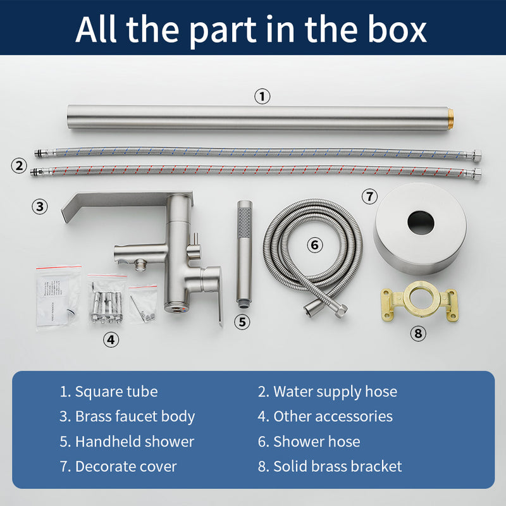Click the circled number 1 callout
[262, 97]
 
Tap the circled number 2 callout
[19, 166]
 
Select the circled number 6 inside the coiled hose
[314, 245]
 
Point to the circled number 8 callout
[418, 333]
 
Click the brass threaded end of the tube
[450, 118]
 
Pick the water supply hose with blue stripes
[258, 152]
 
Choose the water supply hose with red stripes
[256, 171]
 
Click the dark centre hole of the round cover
[421, 223]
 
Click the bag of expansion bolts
[106, 300]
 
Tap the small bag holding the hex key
[143, 304]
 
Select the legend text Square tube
[116, 392]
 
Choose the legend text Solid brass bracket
[338, 466]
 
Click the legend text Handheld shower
[135, 441]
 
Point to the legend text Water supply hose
[335, 392]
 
